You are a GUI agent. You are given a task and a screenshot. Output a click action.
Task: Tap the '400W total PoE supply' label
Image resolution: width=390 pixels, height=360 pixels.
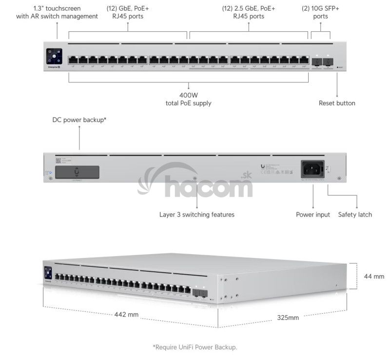click(x=189, y=99)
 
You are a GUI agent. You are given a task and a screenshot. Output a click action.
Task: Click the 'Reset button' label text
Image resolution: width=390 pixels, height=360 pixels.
click(x=337, y=103)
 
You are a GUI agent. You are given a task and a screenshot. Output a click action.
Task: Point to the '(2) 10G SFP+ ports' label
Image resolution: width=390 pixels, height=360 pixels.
click(x=321, y=12)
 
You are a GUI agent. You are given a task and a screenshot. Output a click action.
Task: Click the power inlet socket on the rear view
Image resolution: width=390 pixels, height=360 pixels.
click(x=313, y=169)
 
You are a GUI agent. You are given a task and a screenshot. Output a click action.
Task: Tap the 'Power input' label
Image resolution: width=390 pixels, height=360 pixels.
click(x=313, y=215)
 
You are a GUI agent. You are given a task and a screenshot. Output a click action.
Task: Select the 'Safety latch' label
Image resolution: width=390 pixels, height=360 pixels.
click(x=355, y=215)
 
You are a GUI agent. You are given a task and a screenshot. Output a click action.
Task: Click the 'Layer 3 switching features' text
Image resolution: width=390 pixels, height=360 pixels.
click(x=197, y=215)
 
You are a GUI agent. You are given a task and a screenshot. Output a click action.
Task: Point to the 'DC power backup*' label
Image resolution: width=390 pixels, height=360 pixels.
click(x=79, y=120)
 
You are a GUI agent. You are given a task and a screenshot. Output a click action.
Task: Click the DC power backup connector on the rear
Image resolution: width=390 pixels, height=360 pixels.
click(x=77, y=172)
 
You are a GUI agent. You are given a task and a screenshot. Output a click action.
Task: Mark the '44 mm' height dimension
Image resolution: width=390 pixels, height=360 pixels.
click(x=374, y=276)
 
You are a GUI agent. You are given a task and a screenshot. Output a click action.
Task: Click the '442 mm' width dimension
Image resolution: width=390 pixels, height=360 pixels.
click(x=127, y=314)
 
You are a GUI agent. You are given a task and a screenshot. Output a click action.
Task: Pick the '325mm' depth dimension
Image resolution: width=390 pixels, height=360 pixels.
click(x=288, y=318)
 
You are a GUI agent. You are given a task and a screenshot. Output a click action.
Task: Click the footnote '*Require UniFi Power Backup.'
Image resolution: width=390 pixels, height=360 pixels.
click(x=195, y=347)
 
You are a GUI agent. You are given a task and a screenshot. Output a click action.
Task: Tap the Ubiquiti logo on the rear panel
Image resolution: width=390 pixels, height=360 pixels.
click(x=263, y=166)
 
